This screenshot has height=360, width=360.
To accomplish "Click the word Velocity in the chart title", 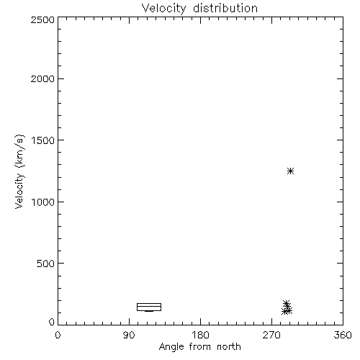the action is (164, 9).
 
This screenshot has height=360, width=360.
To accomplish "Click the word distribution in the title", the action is (225, 8).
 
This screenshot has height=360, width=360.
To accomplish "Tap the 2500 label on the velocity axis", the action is (42, 19).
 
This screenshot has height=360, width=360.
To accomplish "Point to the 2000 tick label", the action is (42, 78).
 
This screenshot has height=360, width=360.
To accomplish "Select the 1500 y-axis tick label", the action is (43, 140).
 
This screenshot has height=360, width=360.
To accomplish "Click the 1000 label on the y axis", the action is (43, 202).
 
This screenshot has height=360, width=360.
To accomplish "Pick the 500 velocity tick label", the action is (46, 264).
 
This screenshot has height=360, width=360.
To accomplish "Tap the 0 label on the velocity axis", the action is (52, 322).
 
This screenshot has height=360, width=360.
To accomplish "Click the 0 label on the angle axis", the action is (58, 335).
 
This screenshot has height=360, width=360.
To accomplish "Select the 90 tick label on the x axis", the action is (129, 335).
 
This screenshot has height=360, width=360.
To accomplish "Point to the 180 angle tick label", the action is (200, 335).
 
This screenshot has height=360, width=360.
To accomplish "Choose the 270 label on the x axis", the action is (271, 335).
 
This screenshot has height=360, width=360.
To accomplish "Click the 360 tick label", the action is (343, 335).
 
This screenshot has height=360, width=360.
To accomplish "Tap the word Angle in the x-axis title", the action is (171, 347).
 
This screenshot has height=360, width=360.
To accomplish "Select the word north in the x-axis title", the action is (229, 346).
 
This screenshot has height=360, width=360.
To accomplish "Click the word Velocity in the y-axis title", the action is (19, 191).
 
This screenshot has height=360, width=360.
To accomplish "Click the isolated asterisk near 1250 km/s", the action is (290, 171).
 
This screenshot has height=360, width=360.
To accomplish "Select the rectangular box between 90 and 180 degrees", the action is (149, 304).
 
